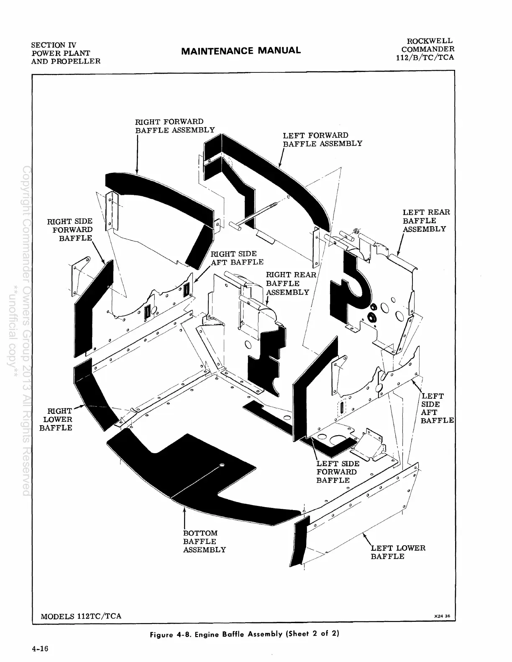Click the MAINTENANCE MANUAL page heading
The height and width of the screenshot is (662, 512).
pyautogui.click(x=241, y=51)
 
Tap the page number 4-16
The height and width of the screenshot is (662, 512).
pyautogui.click(x=40, y=649)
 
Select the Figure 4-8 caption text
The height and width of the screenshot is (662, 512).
pyautogui.click(x=244, y=634)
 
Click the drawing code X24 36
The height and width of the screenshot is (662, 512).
pyautogui.click(x=442, y=616)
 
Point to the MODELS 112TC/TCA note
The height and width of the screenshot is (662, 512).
pyautogui.click(x=81, y=616)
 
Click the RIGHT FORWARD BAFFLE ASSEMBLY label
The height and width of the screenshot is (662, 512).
pyautogui.click(x=174, y=126)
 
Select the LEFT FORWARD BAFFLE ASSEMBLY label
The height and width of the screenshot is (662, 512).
pyautogui.click(x=322, y=139)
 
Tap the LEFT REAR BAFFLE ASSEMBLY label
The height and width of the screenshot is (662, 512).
pyautogui.click(x=426, y=221)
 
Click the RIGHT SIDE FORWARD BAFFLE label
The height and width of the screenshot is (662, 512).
pyautogui.click(x=70, y=229)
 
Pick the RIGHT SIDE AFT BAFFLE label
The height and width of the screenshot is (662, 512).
pyautogui.click(x=237, y=258)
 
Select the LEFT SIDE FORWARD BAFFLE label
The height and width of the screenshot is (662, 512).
pyautogui.click(x=338, y=472)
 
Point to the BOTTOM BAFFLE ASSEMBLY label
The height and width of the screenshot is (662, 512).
pyautogui.click(x=204, y=541)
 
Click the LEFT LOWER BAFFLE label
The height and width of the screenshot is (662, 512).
pyautogui.click(x=397, y=552)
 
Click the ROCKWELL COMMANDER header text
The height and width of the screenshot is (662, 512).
pyautogui.click(x=425, y=49)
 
